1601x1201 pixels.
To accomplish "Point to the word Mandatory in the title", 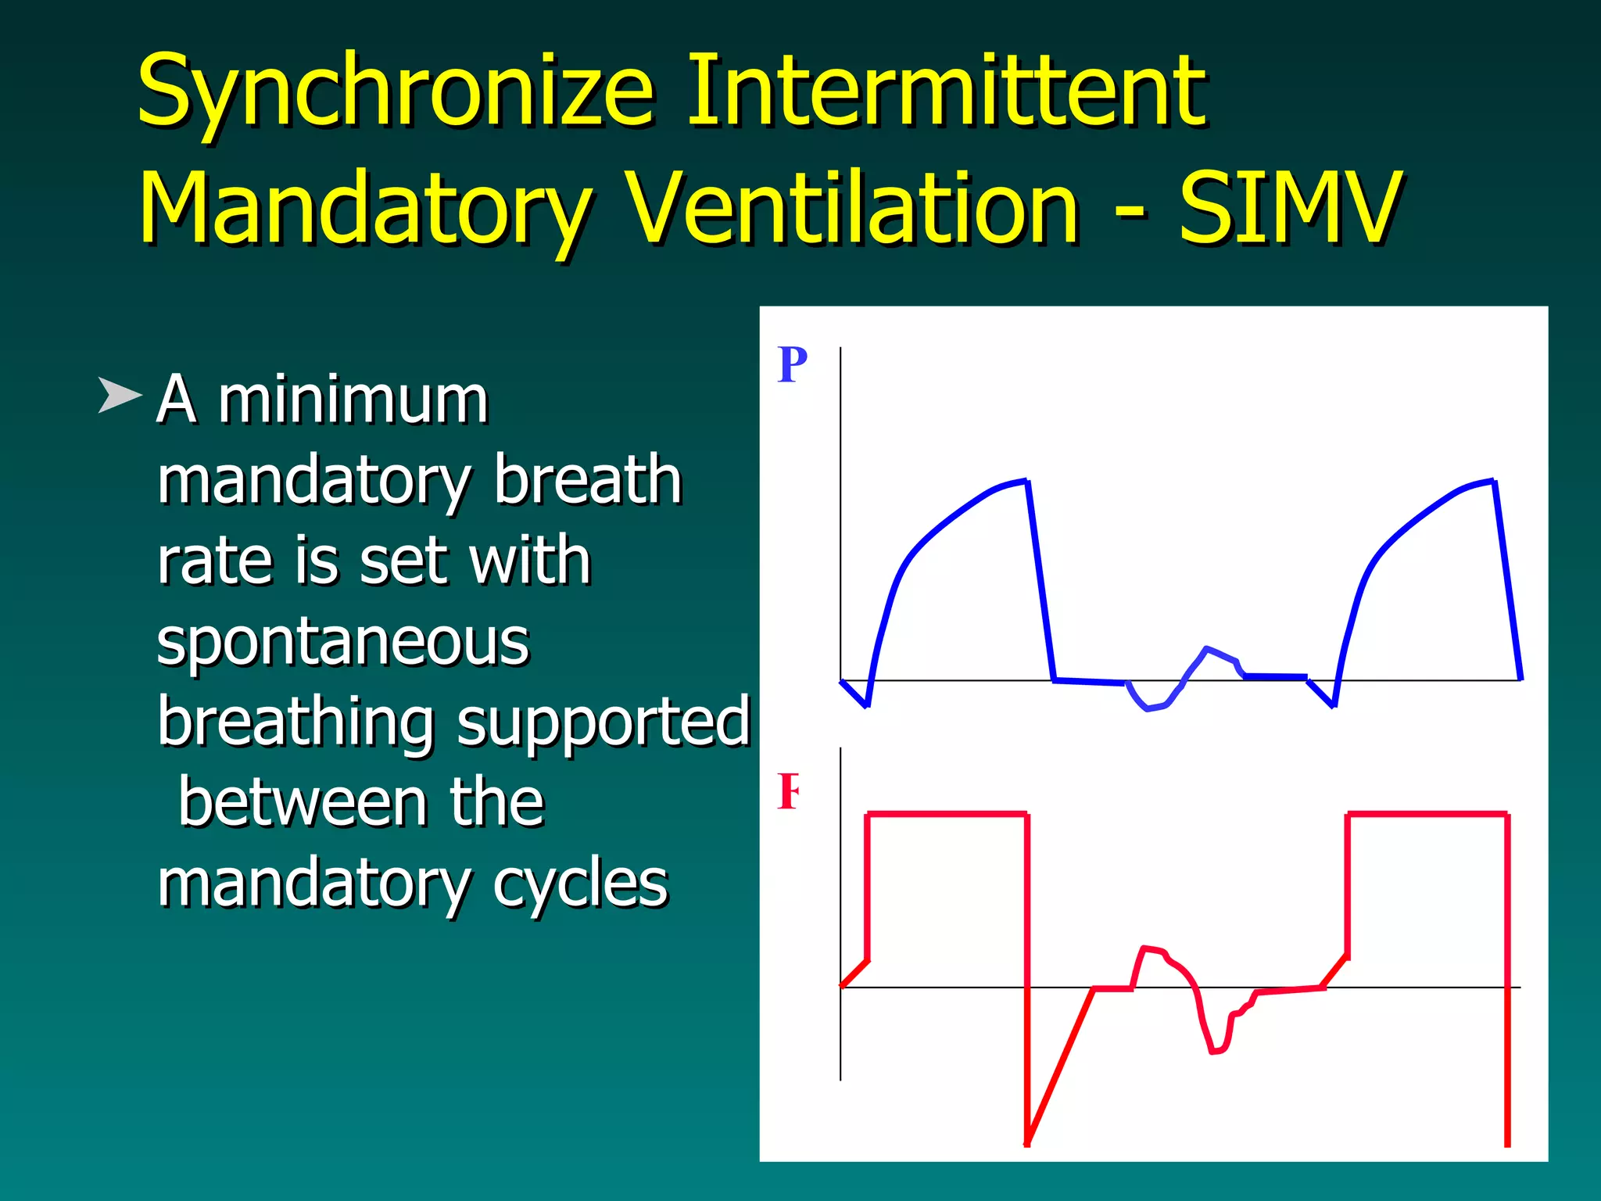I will pos(364,210).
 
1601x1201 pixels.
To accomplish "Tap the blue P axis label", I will pos(792,364).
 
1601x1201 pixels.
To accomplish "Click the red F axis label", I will pos(788,791).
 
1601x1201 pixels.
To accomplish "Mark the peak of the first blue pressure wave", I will pos(1025,481).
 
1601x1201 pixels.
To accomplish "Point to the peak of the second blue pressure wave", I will pos(1492,481).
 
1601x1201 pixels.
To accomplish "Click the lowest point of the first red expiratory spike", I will pos(1027,1144).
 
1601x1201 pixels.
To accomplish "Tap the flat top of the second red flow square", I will pos(1427,815).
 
